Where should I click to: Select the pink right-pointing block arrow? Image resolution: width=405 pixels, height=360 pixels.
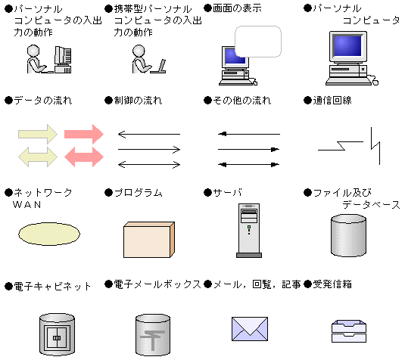point(83,134)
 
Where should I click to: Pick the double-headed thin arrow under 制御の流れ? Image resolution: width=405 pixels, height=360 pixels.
point(148,164)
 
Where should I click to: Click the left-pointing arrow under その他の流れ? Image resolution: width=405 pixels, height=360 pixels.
point(248,135)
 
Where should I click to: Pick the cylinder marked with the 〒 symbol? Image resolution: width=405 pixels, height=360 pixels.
point(156,333)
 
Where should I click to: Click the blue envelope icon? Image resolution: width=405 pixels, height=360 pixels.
point(250,328)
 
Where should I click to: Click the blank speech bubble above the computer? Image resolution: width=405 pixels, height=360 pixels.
point(258,42)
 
